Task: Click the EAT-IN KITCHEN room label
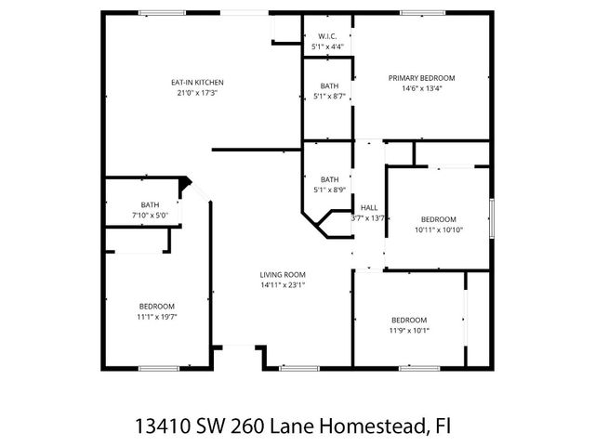point(196,82)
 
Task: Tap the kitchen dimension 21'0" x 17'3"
point(196,93)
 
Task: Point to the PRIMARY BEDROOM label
point(421,78)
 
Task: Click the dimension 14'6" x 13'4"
point(421,89)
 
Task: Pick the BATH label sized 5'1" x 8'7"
point(329,85)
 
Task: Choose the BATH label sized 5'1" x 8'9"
point(329,179)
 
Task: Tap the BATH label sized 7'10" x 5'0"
point(151,204)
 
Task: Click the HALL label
point(369,207)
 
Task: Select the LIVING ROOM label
point(283,275)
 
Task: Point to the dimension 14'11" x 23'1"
point(283,286)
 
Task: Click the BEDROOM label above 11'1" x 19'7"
point(157,306)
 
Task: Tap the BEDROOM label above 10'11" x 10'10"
point(439,219)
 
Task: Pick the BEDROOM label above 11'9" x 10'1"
point(409,319)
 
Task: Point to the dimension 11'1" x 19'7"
point(157,317)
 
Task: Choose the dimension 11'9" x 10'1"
point(409,330)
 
